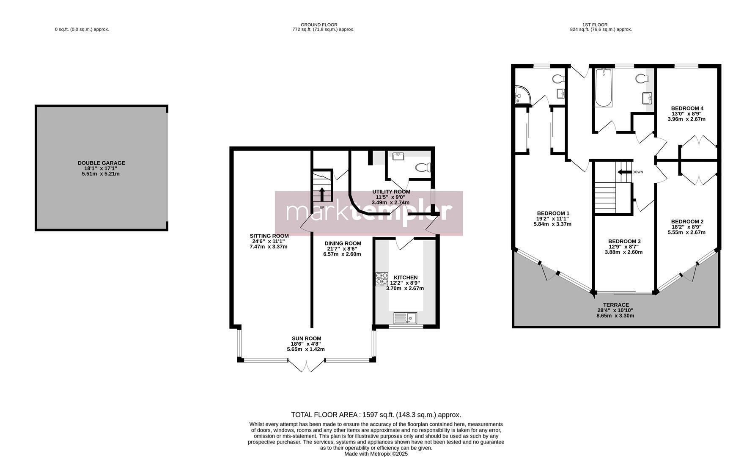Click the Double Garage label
101,163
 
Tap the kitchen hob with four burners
382,279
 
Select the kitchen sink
405,318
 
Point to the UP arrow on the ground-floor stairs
322,194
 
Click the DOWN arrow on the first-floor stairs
624,172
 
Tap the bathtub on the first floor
603,88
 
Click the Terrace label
616,305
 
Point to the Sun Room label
306,339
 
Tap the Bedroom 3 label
624,241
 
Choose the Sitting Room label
269,236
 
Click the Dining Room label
343,243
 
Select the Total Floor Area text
376,415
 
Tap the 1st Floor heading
601,25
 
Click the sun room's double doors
307,366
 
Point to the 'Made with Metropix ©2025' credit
376,454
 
